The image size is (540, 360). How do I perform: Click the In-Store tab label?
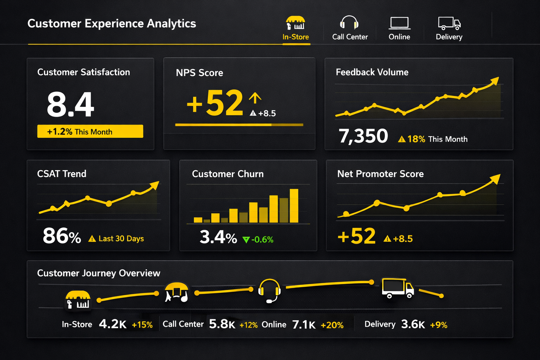(295, 37)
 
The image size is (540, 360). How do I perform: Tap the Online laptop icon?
(399, 23)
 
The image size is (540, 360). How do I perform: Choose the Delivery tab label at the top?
(449, 37)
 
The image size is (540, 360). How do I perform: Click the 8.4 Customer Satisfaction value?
(70, 104)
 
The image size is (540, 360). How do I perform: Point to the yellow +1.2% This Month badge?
(90, 131)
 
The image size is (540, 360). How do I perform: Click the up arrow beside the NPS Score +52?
(255, 98)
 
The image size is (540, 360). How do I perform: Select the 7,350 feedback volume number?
(363, 136)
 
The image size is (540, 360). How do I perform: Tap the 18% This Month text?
(437, 139)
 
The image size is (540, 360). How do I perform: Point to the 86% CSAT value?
(62, 236)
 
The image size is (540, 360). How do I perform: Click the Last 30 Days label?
(121, 239)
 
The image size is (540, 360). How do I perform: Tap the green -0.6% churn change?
(262, 240)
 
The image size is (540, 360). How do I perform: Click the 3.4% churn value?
(218, 237)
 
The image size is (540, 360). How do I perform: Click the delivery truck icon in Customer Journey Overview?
(398, 288)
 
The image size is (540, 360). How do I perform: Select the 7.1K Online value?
(304, 324)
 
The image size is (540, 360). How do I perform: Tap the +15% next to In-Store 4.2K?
(142, 325)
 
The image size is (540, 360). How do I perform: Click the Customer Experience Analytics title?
(111, 24)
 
